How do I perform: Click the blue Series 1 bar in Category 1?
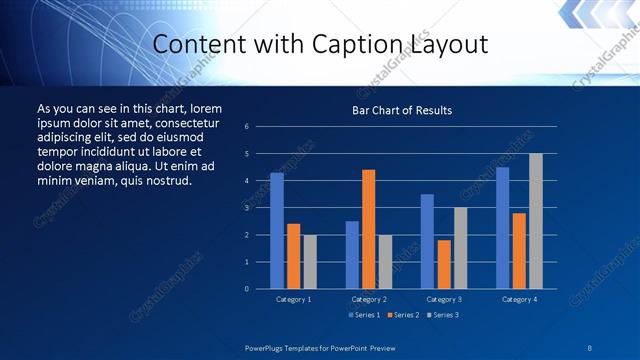point(277,231)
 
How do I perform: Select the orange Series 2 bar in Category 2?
point(369,229)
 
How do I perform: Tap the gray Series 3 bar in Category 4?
point(536,221)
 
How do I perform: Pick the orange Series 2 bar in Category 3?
point(444,264)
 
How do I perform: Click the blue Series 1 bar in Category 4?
point(502,228)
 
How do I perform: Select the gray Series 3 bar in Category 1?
point(310,262)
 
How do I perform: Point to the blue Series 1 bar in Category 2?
point(352,255)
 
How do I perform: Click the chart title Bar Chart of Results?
point(402,110)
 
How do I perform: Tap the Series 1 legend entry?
point(363,315)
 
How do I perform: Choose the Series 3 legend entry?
point(442,315)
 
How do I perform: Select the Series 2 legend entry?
point(402,315)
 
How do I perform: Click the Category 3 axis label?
point(444,299)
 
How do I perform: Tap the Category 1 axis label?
point(294,299)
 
